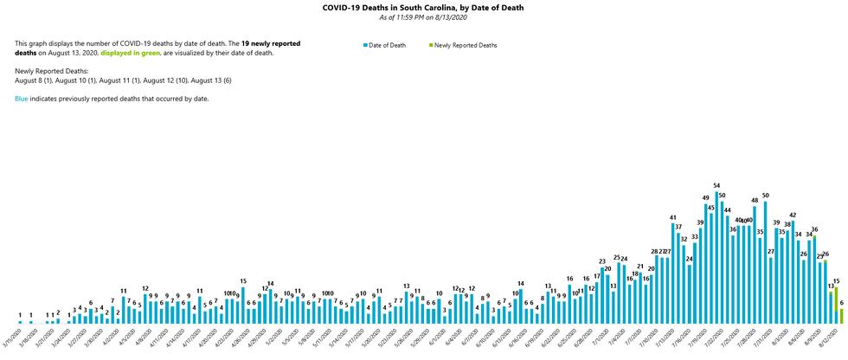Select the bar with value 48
click(x=755, y=265)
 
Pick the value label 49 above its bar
click(x=705, y=199)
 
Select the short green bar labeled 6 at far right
click(x=842, y=316)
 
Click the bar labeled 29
click(x=819, y=292)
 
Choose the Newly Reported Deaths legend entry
click(x=463, y=44)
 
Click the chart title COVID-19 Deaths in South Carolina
click(x=423, y=8)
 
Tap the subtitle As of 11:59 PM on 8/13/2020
click(x=423, y=17)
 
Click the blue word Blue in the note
click(x=22, y=99)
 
